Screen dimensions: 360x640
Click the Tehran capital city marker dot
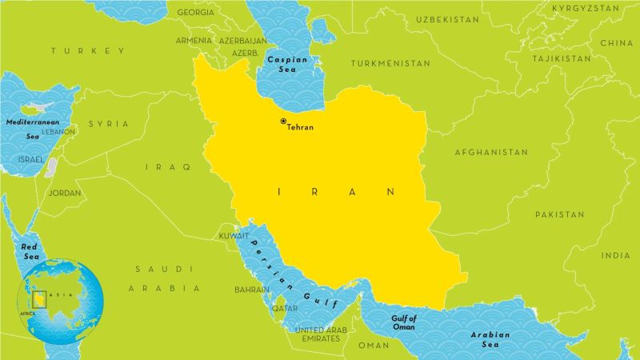point(282,121)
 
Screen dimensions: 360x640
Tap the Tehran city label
point(300,127)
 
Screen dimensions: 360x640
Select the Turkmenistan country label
point(390,63)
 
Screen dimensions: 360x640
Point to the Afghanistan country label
point(491,152)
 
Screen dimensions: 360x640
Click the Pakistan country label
point(560,215)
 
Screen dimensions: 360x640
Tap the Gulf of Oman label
point(404,322)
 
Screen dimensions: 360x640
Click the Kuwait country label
point(234,236)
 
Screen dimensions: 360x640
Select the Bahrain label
point(252,289)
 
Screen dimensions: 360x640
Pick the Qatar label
point(285,308)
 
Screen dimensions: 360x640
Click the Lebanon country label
point(58,130)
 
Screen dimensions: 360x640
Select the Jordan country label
point(64,193)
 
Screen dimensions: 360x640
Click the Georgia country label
point(195,13)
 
